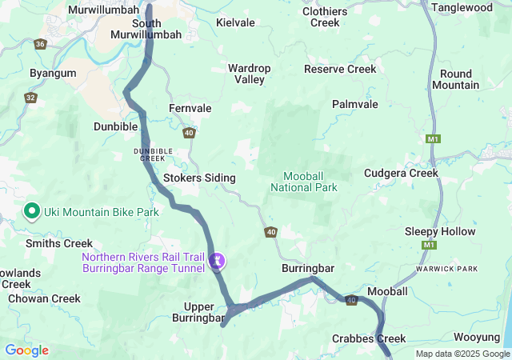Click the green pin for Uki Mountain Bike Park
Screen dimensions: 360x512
pos(32,211)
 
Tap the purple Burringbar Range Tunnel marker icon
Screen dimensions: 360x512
pos(216,261)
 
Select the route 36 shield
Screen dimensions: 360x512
pos(40,45)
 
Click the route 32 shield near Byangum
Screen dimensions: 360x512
pos(30,98)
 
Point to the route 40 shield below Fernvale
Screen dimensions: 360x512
pos(189,133)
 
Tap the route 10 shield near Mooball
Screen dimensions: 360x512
pos(351,299)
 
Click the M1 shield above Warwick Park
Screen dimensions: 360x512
pos(430,245)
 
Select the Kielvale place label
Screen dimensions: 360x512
pos(235,23)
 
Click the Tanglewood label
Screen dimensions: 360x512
pos(462,7)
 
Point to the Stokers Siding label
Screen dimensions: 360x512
pos(199,178)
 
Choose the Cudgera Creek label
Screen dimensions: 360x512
pos(401,173)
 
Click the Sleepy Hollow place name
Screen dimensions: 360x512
pos(440,231)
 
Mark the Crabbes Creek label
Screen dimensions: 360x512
pos(369,338)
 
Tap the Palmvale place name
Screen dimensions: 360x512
pos(355,104)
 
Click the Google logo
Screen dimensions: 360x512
pos(26,350)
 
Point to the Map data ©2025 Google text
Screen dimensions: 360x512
pos(462,354)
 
